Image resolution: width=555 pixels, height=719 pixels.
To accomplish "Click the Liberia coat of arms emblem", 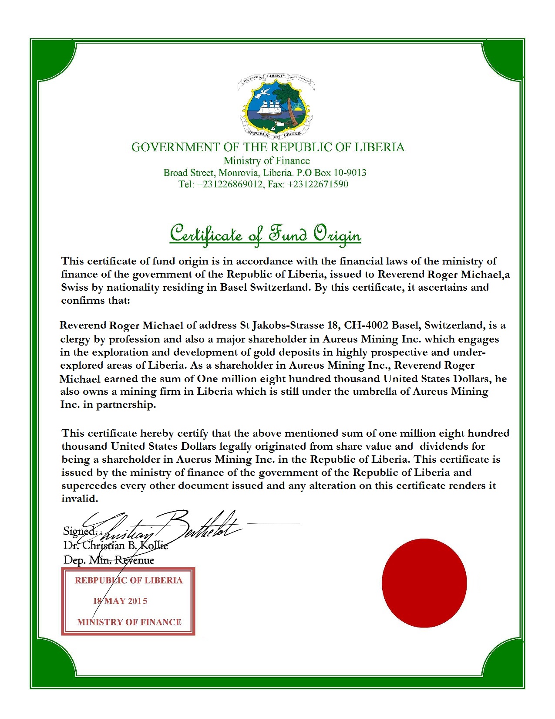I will point(276,106).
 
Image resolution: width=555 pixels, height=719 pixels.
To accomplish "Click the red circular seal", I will point(424,583).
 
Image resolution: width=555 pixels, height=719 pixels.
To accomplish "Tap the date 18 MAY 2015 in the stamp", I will point(120,601).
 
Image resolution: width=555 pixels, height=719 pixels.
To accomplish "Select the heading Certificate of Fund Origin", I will point(265,234).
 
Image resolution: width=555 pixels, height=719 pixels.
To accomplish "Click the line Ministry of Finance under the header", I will point(266,161).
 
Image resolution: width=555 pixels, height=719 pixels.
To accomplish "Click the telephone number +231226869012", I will point(230,184).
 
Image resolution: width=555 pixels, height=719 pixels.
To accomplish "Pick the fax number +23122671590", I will point(318,184).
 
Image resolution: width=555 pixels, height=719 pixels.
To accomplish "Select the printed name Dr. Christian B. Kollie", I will point(115,546).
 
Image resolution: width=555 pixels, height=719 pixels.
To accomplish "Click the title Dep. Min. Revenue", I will point(109,560).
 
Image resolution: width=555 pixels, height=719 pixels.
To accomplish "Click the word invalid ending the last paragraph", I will point(80,499).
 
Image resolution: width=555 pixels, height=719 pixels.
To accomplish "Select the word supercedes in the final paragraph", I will point(89,486).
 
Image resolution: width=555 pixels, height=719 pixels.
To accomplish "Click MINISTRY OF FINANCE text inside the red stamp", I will point(129,622).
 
